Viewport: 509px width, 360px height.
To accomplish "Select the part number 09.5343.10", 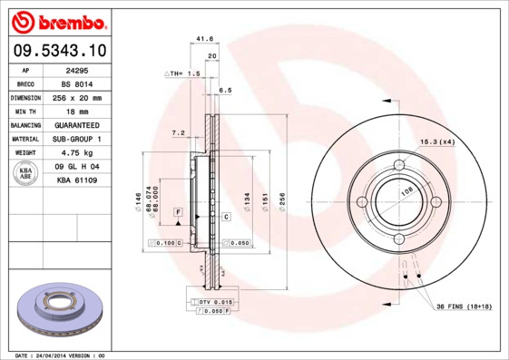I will pyautogui.click(x=57, y=50).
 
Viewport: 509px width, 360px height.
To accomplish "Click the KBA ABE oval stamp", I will pyautogui.click(x=25, y=174).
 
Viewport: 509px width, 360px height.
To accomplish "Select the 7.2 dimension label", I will pyautogui.click(x=178, y=133).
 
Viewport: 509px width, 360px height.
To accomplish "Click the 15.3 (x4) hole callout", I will pyautogui.click(x=436, y=141).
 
